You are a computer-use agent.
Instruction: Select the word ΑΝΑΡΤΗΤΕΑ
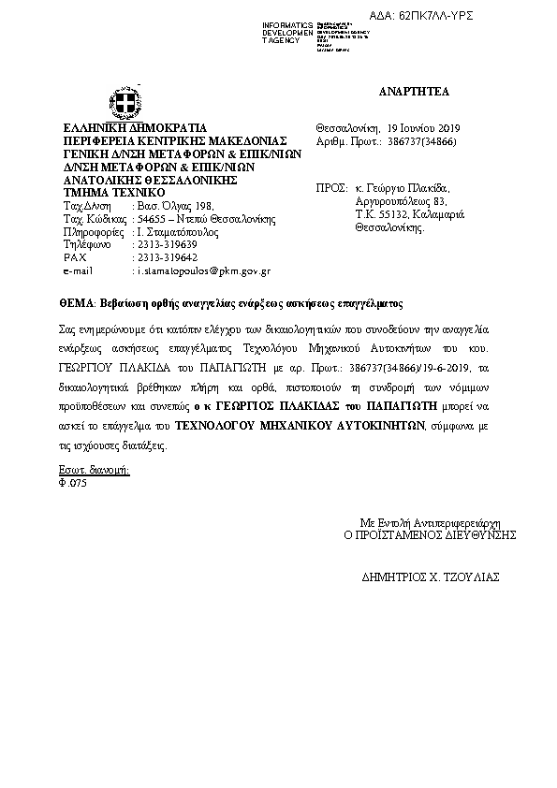click(x=414, y=92)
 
